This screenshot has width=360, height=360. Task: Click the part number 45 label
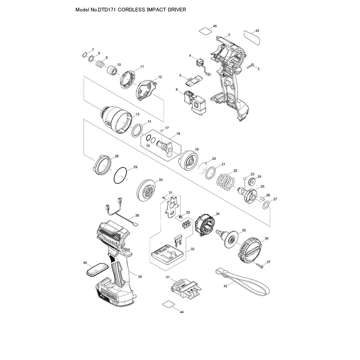[x=215, y=26]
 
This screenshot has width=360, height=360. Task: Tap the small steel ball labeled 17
[x=162, y=131]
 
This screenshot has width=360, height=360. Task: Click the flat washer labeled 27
[x=265, y=206]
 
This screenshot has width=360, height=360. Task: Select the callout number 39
[x=140, y=276]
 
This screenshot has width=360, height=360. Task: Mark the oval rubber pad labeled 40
[x=97, y=269]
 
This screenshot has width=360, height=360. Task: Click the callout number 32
[x=193, y=249]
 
